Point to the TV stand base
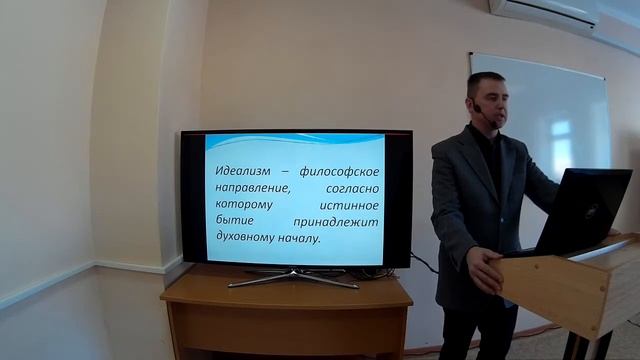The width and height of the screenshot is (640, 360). click(x=293, y=278)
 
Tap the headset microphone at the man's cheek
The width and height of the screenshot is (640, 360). click(x=477, y=107)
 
